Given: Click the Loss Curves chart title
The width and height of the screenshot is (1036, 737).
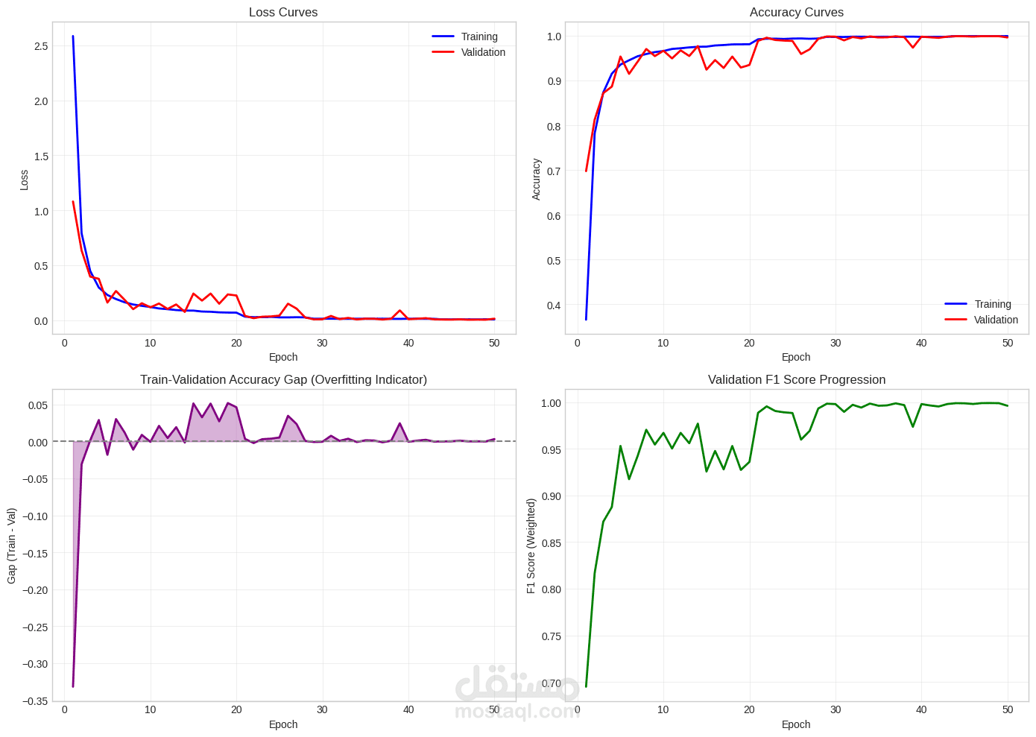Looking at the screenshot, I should [x=283, y=12].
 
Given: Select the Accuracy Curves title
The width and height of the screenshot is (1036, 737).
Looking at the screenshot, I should [x=796, y=12].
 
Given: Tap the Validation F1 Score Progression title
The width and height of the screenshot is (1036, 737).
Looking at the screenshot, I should [x=796, y=379].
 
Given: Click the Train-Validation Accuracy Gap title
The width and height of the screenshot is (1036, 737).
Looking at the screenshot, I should [x=283, y=379].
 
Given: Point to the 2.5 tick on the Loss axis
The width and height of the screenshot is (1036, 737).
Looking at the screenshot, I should [x=41, y=46].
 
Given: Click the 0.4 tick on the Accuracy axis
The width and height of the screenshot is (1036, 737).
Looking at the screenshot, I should [x=554, y=306].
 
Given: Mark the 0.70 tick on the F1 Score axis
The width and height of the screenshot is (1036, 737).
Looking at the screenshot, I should [x=551, y=683].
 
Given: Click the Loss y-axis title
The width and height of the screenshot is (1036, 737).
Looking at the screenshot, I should [x=24, y=180].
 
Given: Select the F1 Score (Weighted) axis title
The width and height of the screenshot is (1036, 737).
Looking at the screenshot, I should [x=531, y=545].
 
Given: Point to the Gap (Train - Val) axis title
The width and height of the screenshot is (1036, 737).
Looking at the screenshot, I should [x=12, y=545].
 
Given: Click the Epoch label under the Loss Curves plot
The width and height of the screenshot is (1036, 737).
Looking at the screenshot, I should [x=283, y=357].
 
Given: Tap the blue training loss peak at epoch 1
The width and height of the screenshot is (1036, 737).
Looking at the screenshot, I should [x=73, y=36].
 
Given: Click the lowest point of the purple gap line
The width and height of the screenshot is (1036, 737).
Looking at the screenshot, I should [x=73, y=686].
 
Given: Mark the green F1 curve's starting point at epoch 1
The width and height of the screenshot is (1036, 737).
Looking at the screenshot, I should [x=586, y=686].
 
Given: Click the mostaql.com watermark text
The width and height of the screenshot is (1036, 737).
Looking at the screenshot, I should [x=517, y=712].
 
